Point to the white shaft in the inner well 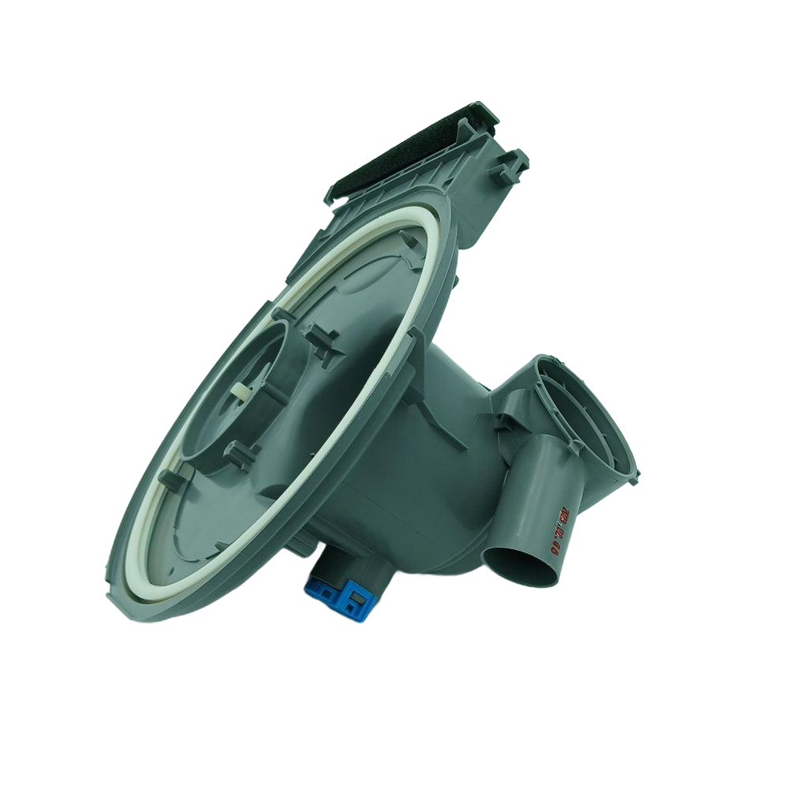tap(239, 392)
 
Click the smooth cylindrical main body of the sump tap(442, 489)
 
